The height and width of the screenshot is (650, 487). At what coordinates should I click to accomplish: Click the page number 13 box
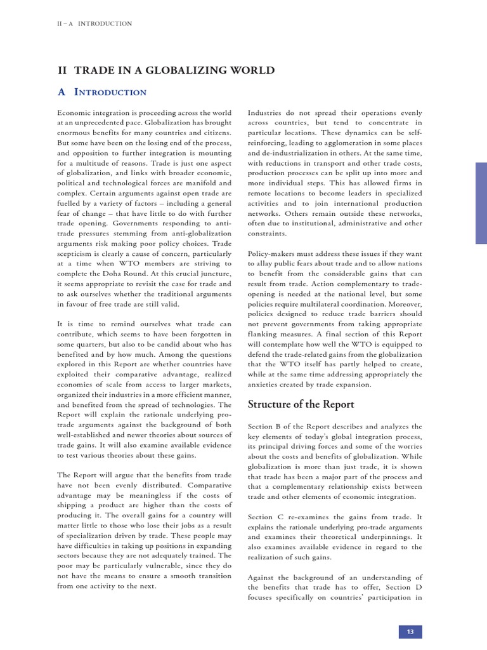click(410, 632)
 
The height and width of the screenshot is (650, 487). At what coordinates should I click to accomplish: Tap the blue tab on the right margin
click(481, 202)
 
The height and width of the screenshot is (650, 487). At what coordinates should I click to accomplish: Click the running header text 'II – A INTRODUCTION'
click(94, 23)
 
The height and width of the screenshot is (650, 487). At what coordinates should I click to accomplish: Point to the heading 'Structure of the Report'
click(301, 404)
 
